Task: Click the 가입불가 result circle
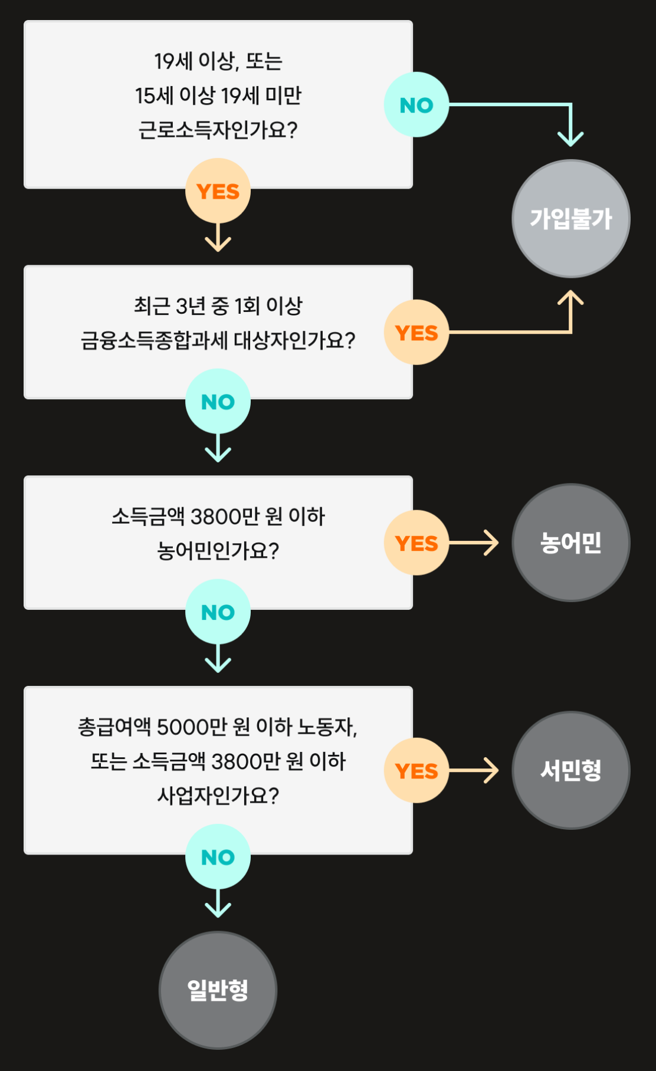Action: [x=570, y=219]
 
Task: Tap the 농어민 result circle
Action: [x=570, y=543]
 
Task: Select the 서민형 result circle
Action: [x=570, y=770]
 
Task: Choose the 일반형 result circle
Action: [x=218, y=990]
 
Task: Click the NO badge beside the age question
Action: [x=416, y=105]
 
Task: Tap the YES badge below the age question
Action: [x=218, y=191]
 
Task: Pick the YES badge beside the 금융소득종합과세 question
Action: [x=416, y=333]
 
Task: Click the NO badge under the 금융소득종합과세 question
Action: [x=218, y=402]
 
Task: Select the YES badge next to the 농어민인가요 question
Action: [x=416, y=543]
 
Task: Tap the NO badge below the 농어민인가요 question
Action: [x=218, y=612]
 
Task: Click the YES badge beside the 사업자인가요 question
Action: [x=416, y=771]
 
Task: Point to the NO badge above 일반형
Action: [x=218, y=857]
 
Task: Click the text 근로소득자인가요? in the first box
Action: [x=218, y=130]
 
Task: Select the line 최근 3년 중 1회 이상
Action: [x=218, y=305]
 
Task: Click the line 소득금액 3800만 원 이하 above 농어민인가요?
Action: [x=218, y=517]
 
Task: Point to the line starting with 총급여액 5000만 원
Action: [x=218, y=727]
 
